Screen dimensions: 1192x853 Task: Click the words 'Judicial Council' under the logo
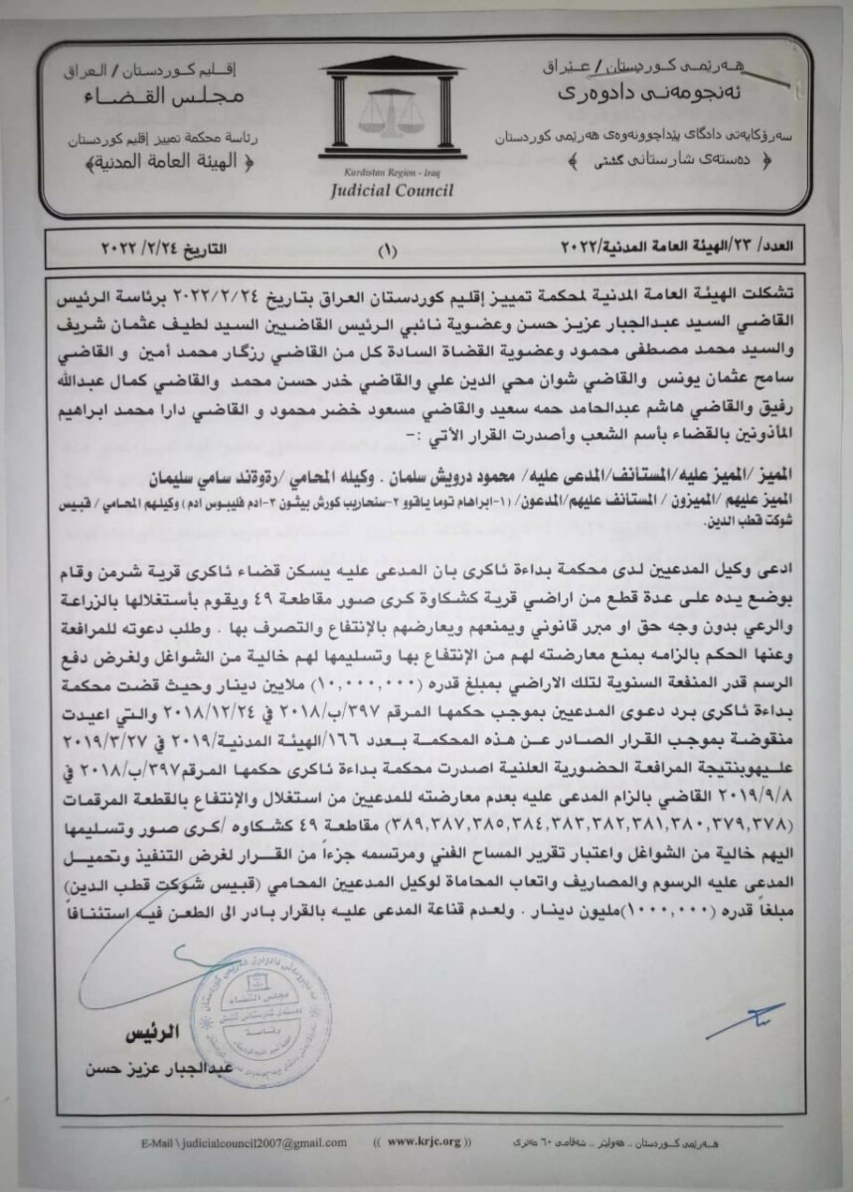coord(386,191)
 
